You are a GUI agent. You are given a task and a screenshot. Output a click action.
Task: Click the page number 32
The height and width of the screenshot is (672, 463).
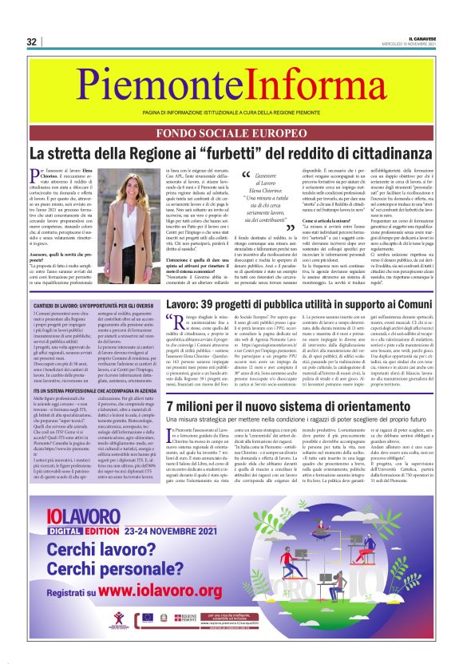[x=32, y=42]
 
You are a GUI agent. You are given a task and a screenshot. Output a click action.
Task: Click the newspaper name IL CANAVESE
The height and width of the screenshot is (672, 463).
[x=421, y=38]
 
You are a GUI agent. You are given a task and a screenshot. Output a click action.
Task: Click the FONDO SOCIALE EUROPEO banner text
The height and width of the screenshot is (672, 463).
[x=231, y=132]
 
